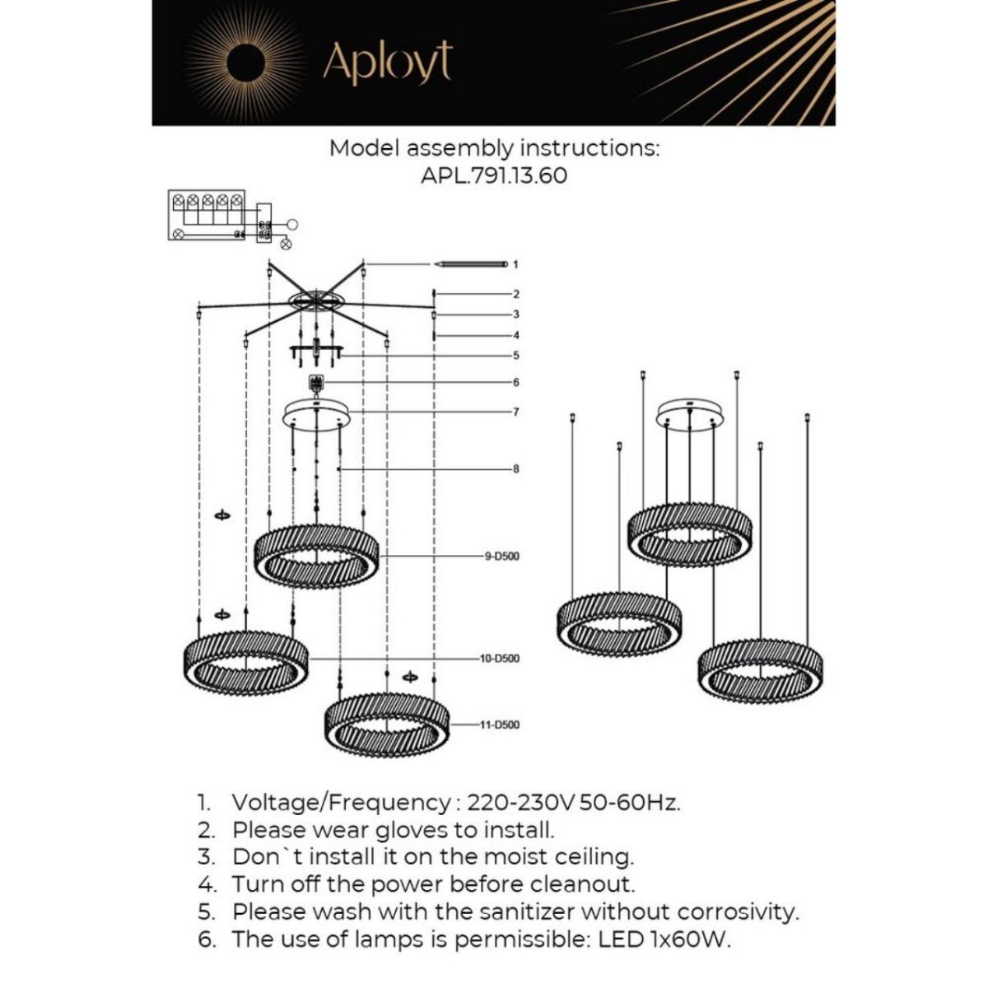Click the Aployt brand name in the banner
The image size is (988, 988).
tap(387, 62)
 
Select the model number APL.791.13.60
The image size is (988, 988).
tap(493, 175)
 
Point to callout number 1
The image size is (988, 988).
tap(515, 265)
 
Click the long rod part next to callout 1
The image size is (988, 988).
tap(472, 264)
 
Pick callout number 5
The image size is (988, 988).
tap(515, 356)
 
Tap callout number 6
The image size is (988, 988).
tap(515, 382)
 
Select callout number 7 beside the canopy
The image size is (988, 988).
tap(515, 412)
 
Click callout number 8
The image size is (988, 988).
tap(515, 469)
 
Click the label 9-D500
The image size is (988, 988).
tap(501, 557)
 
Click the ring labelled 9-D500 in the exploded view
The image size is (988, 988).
tap(316, 556)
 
